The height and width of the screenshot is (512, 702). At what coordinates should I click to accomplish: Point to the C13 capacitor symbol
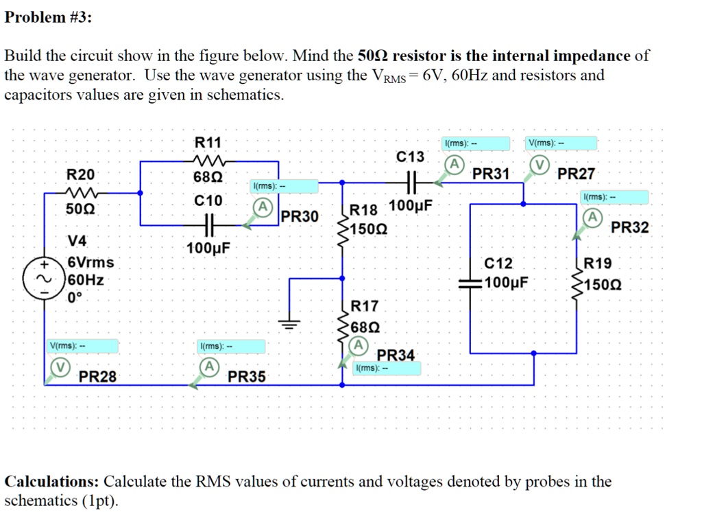411,183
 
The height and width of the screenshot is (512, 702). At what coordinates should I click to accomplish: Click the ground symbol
291,325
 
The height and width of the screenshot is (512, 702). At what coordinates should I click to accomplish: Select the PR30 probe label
300,217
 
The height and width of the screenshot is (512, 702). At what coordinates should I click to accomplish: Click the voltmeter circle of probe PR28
61,367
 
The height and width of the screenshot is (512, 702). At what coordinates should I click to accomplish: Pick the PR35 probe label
246,377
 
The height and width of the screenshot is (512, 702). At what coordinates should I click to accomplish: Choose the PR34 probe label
396,356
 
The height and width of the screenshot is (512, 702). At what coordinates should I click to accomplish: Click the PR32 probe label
629,227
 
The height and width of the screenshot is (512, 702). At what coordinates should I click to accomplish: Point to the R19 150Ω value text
603,282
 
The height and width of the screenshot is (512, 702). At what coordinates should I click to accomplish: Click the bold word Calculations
52,481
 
